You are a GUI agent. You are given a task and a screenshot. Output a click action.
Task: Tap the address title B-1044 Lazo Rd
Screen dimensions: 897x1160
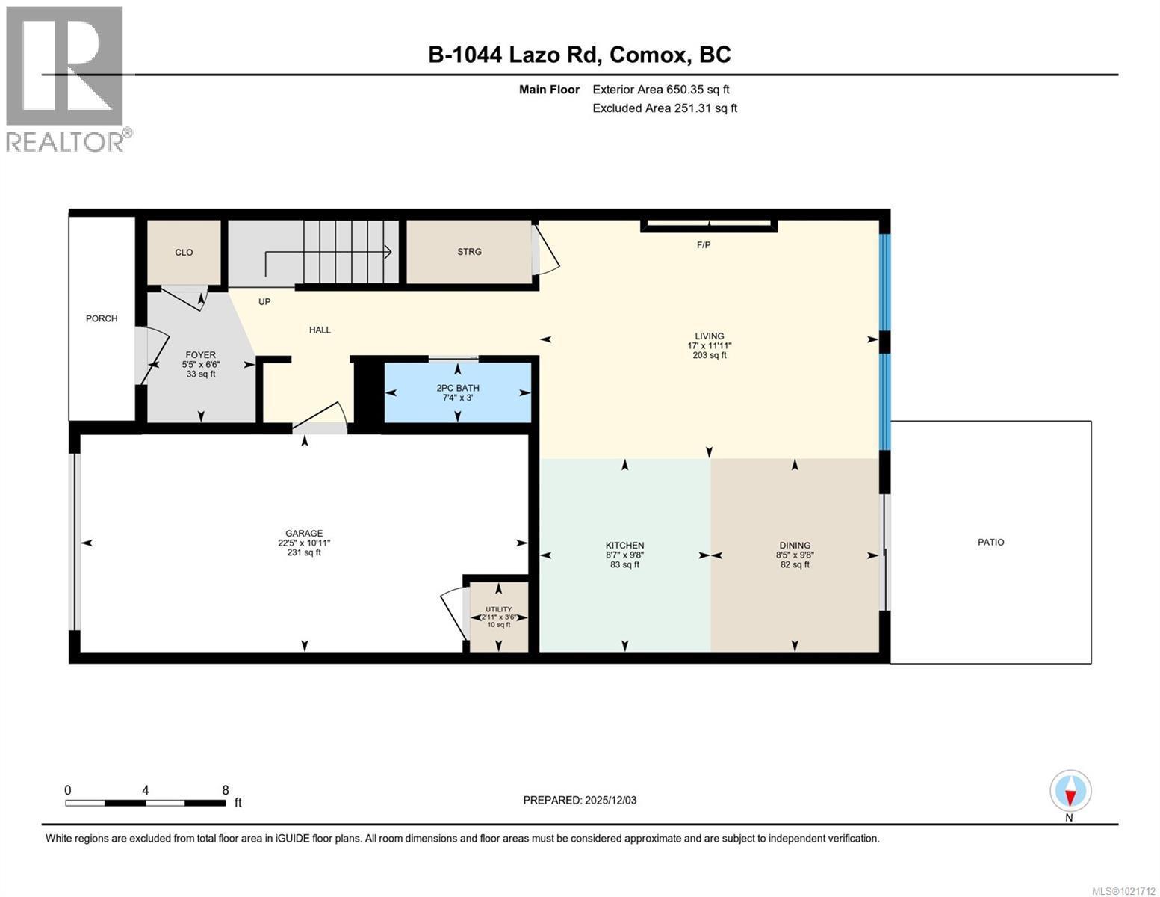point(579,55)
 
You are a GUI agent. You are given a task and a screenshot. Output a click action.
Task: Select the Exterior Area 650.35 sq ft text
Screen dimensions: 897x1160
point(660,90)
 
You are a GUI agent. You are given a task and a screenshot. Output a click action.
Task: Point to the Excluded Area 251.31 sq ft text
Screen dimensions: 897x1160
point(664,108)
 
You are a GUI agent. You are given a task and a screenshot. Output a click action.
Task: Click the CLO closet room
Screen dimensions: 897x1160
point(184,253)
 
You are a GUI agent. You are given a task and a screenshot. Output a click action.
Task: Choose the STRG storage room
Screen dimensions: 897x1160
point(469,252)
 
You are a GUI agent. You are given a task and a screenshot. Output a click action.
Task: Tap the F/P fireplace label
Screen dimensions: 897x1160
point(704,245)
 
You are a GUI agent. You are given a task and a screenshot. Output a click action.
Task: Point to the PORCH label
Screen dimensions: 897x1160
point(102,318)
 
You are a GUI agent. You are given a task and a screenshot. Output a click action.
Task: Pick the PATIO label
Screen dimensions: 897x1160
point(990,542)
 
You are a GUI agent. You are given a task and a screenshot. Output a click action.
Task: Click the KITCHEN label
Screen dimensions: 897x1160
point(624,546)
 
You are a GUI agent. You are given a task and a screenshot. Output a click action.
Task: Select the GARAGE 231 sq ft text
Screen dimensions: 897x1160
point(304,552)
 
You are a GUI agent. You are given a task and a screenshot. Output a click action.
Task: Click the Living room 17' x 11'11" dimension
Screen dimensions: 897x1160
point(709,346)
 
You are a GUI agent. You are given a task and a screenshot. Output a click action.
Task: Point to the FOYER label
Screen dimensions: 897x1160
point(200,355)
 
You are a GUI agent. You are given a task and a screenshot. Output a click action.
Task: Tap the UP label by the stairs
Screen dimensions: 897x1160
point(264,302)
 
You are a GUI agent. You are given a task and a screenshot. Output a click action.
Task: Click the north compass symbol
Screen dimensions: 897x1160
point(1070,792)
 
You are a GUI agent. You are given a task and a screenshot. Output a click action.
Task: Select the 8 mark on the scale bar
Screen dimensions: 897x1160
point(225,790)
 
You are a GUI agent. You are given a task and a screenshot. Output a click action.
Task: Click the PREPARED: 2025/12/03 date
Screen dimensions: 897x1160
point(580,800)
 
